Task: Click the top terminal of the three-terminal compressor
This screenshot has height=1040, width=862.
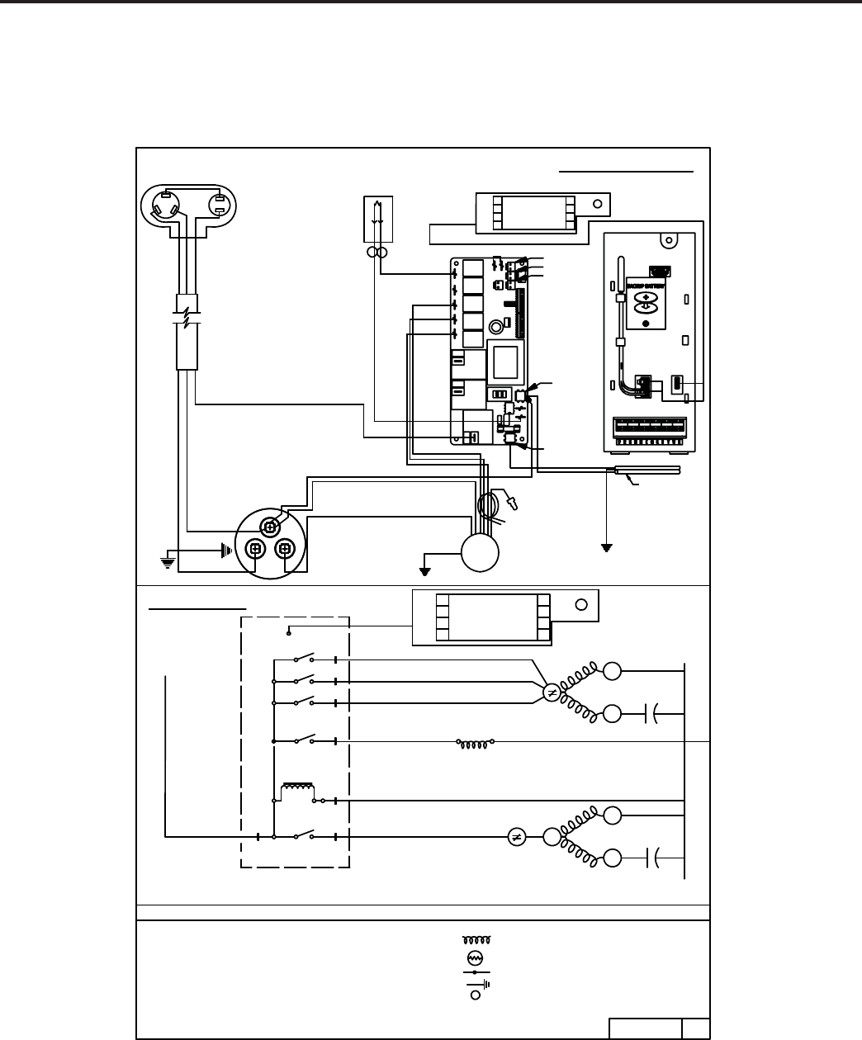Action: [270, 526]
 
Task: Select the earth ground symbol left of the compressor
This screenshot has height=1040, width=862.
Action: [167, 561]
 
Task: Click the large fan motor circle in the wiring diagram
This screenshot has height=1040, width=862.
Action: [480, 551]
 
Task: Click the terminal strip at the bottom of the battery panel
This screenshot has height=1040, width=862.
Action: [654, 429]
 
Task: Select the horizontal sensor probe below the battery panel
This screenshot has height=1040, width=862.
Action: [647, 470]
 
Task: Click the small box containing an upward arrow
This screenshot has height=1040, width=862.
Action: [377, 220]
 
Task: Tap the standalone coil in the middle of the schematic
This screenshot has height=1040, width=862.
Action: [476, 742]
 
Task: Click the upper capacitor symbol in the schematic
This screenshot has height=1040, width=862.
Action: [652, 713]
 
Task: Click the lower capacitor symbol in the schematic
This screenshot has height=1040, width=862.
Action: [652, 858]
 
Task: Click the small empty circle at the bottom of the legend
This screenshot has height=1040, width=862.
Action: [476, 995]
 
